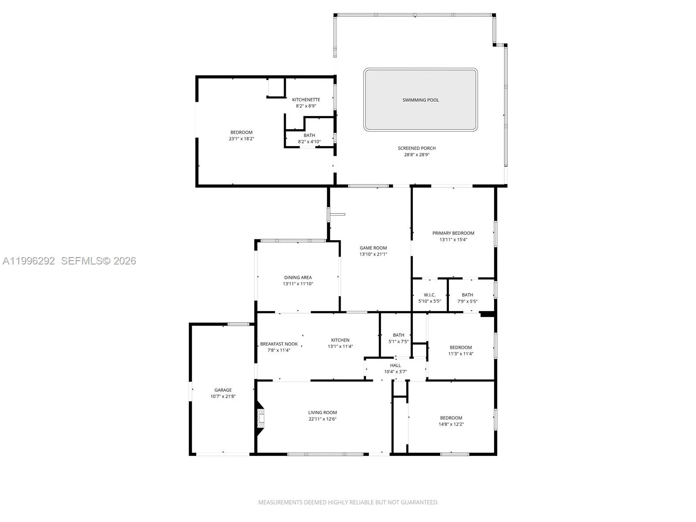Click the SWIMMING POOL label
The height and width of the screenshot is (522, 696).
421,100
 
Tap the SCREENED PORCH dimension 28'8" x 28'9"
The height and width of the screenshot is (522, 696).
417,155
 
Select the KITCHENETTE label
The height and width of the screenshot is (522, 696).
306,100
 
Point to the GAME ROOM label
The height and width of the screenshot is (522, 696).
373,248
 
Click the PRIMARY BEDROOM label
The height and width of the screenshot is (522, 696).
453,233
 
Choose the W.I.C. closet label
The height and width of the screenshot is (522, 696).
430,295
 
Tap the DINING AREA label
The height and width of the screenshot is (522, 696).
298,278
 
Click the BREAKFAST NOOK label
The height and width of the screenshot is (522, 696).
279,344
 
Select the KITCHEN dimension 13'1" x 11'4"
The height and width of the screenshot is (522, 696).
340,346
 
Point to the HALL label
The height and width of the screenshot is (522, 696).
395,365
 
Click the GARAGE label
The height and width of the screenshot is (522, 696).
223,390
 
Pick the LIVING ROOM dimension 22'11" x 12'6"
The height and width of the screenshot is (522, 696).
322,419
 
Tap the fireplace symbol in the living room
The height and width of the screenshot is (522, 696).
260,418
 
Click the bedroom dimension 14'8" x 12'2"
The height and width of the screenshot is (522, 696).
451,424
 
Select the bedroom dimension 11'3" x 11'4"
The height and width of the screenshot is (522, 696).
460,354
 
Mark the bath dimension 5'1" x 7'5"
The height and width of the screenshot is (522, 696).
398,341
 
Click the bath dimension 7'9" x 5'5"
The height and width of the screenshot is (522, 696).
467,301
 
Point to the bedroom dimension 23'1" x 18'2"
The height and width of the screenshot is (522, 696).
241,138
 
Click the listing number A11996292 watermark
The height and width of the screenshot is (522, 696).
29,261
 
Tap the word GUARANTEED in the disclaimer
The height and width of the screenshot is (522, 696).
419,502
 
